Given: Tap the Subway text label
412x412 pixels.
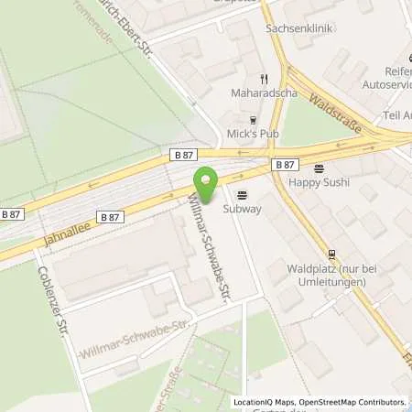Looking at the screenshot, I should point(243,209).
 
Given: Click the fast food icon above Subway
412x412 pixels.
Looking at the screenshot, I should point(243,194).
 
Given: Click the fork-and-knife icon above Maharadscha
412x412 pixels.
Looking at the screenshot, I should point(262,79).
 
